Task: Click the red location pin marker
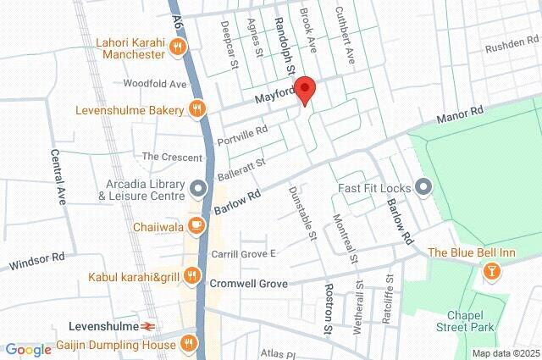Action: [x=306, y=90]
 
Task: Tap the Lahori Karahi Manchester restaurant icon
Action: [x=177, y=48]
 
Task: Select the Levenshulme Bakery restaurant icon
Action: [x=196, y=108]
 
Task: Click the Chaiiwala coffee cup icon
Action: [x=196, y=225]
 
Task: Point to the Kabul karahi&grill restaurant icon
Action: [x=191, y=275]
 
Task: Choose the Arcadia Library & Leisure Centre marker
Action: [x=197, y=187]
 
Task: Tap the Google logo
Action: [x=28, y=349]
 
